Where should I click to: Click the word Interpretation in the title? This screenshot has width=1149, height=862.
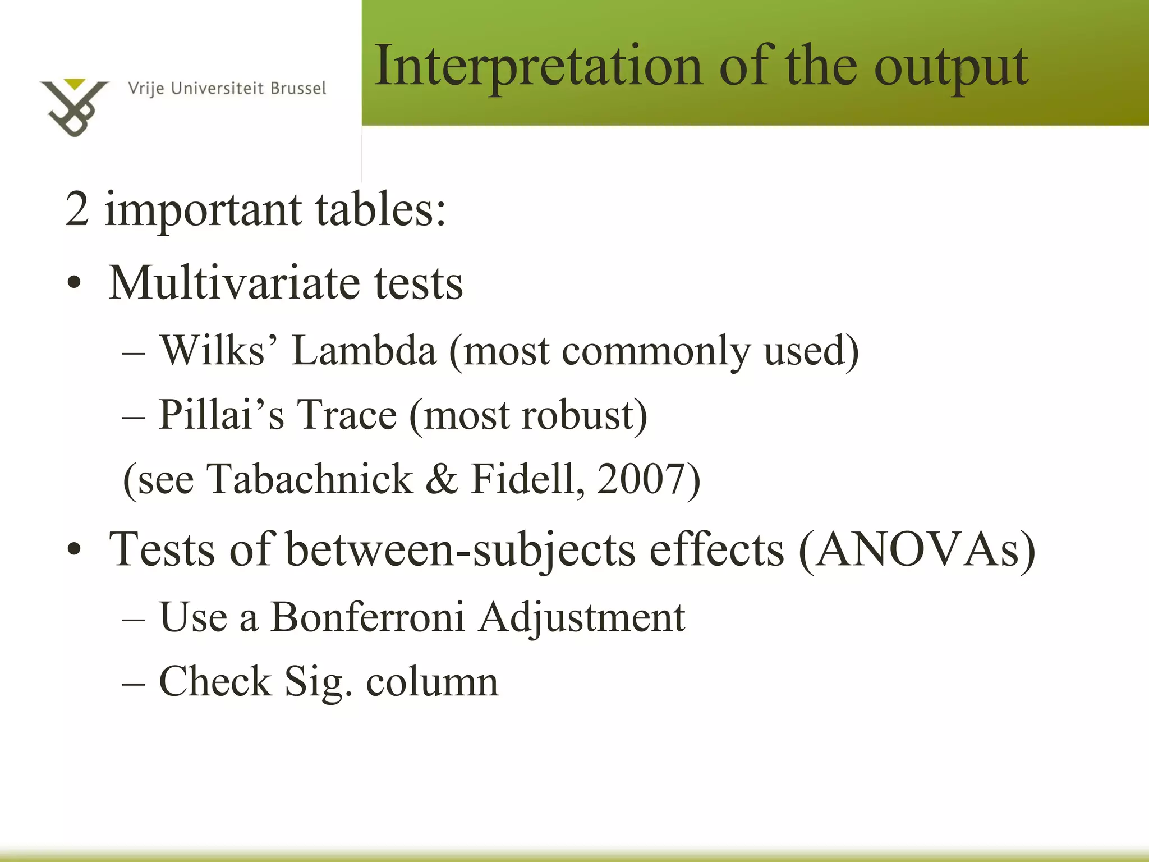[x=537, y=67]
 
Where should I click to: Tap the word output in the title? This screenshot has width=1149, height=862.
[x=951, y=68]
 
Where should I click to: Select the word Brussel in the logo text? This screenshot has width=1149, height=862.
[x=298, y=89]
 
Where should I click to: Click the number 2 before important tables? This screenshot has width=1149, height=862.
[x=77, y=209]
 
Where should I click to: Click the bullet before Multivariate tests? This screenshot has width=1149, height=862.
[x=73, y=284]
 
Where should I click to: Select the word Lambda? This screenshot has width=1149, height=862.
[x=364, y=351]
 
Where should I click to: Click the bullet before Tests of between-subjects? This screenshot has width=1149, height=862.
[x=73, y=550]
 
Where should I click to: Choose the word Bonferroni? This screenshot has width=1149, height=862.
[x=367, y=617]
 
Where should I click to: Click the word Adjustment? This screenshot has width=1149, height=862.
[x=582, y=618]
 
